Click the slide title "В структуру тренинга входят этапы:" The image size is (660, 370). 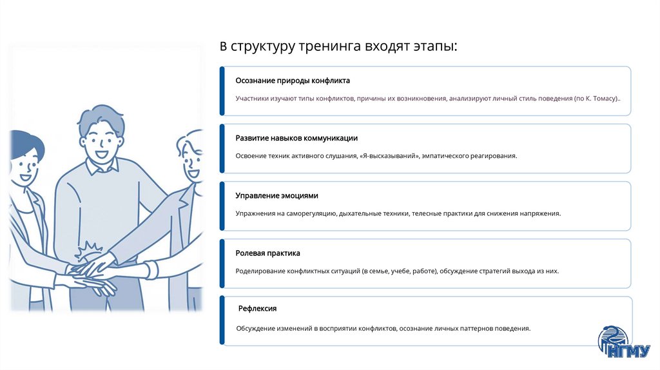(339, 47)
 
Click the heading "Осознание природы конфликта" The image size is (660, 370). (293, 81)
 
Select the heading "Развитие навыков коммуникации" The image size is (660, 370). (296, 139)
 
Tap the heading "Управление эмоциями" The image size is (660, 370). (277, 196)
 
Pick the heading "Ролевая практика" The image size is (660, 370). (268, 253)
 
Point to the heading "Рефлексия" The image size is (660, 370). (257, 309)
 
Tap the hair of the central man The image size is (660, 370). (101, 116)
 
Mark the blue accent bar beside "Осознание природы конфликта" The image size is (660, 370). (222, 91)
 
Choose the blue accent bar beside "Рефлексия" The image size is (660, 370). (222, 320)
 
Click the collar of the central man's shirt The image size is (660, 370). (103, 169)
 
